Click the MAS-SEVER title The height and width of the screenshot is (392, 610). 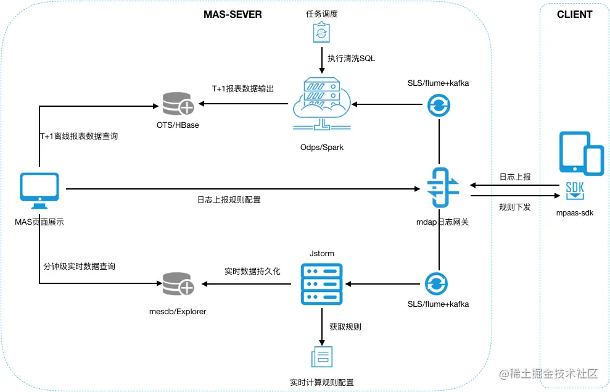click(x=233, y=14)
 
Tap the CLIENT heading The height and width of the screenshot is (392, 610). click(x=574, y=14)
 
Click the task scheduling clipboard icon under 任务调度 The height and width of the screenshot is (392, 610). click(x=321, y=32)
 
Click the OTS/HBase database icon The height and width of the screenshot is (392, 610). click(x=178, y=104)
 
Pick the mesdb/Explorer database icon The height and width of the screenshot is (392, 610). click(x=178, y=284)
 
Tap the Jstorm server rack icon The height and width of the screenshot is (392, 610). click(x=322, y=284)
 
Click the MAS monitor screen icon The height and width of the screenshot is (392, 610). click(x=39, y=191)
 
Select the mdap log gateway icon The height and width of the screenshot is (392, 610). click(x=443, y=188)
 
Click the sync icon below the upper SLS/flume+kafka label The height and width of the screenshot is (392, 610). click(x=439, y=105)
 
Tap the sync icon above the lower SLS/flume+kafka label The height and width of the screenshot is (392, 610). click(x=436, y=284)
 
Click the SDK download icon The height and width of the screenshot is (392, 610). click(x=575, y=190)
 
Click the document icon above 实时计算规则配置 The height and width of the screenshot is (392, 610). click(x=322, y=357)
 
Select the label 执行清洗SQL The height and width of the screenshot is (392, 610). click(x=352, y=59)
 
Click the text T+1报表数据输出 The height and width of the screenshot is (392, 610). click(x=243, y=89)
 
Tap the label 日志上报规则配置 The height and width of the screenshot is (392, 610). click(x=229, y=199)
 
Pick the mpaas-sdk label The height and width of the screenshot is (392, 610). click(x=575, y=212)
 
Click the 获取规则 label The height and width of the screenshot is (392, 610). click(x=345, y=327)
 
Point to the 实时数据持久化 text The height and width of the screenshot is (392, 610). click(x=252, y=272)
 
